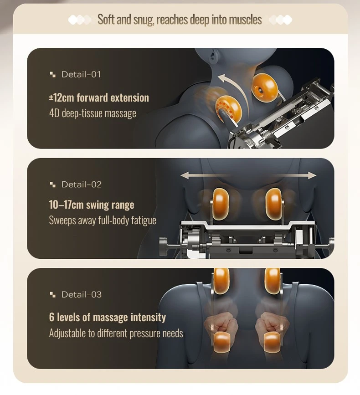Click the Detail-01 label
81,74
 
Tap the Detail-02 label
82,185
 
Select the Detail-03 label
82,294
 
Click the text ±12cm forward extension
99,98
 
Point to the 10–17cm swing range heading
92,205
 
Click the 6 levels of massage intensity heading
108,317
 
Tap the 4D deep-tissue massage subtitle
93,113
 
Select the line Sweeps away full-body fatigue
103,220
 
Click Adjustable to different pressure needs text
116,333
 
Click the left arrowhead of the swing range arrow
185,175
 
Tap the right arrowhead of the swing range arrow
313,175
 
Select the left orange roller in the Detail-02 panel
221,204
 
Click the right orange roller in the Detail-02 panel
273,204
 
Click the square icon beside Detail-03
52,294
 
